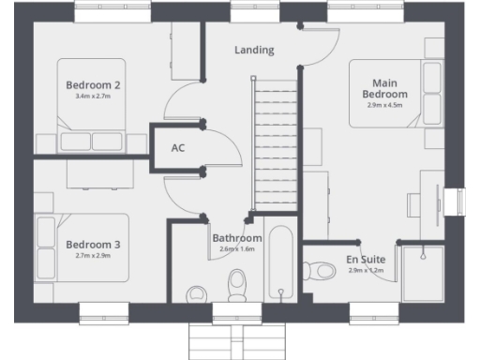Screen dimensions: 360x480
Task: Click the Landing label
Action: coord(254,50)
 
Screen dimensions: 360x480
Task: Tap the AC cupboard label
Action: coord(178,148)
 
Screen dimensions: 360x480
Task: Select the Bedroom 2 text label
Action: coord(92,84)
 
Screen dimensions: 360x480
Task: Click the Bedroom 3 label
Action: coord(92,245)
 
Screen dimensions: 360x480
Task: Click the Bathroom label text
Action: coord(236,238)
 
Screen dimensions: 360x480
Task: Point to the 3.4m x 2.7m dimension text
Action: coord(92,97)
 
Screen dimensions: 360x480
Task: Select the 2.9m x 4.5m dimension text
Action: coord(384,105)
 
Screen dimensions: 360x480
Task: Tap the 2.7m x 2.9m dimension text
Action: coord(92,256)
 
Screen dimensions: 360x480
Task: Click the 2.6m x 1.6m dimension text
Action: coord(236,249)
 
